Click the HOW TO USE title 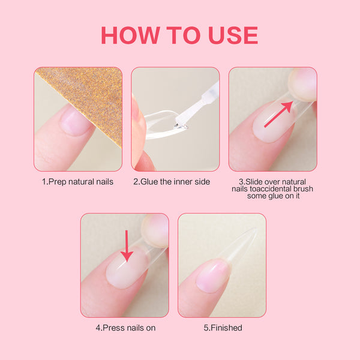(x=179, y=35)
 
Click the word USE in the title (x=230, y=35)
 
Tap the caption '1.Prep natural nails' (x=77, y=181)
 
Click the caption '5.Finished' (x=223, y=328)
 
